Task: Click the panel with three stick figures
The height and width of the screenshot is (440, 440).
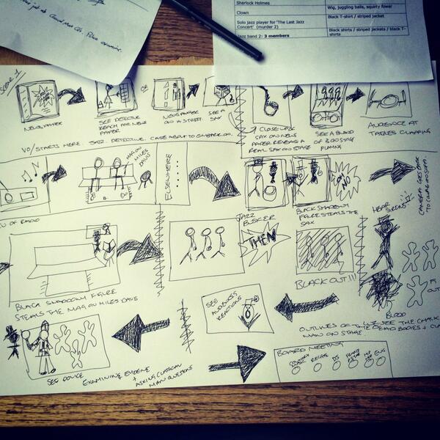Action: (x=206, y=248)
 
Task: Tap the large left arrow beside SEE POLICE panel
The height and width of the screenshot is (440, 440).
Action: (x=139, y=332)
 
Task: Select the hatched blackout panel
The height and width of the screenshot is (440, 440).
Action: (x=324, y=250)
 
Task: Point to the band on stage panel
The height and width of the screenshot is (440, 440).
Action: (x=327, y=104)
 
